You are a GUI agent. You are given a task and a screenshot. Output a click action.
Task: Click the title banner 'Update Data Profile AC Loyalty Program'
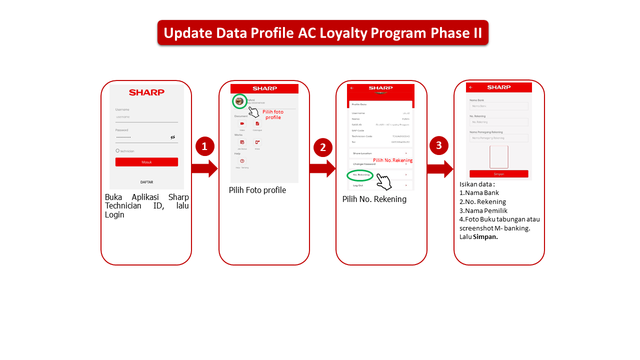[322, 33]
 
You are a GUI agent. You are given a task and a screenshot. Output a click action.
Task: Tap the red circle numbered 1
[204, 146]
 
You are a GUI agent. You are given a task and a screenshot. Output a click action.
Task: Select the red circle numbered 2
[322, 147]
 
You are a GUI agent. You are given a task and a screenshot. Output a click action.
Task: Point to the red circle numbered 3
[439, 145]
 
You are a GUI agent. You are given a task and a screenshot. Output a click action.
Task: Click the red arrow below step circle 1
[204, 168]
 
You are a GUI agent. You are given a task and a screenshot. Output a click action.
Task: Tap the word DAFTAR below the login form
[146, 182]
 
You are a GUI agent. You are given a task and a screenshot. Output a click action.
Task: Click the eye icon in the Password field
[172, 137]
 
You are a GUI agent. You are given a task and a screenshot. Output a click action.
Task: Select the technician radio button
[117, 150]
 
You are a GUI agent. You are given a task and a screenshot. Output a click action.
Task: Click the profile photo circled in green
[239, 101]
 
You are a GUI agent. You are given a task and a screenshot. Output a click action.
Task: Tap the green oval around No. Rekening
[360, 175]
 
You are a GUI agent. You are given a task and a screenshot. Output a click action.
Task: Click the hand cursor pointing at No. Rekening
[384, 181]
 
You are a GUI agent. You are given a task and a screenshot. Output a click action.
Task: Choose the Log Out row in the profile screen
[380, 185]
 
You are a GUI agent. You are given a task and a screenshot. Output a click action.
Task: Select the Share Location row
[380, 153]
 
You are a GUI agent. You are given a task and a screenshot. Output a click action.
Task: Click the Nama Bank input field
[498, 106]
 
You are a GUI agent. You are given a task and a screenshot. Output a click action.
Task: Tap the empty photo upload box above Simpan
[498, 157]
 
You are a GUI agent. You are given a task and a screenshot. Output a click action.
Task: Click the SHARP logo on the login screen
[146, 92]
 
